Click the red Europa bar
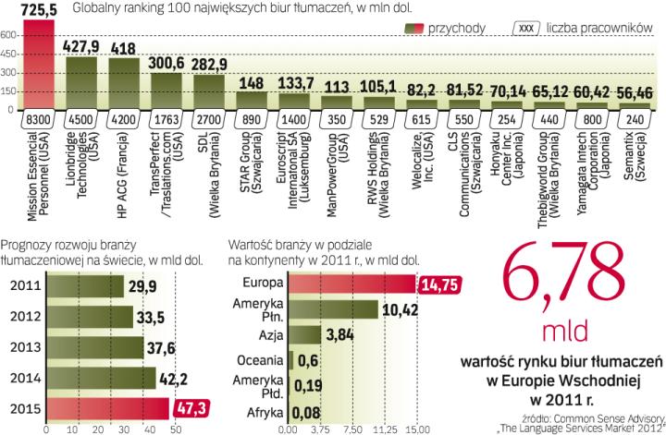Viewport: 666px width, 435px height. click(351, 285)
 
